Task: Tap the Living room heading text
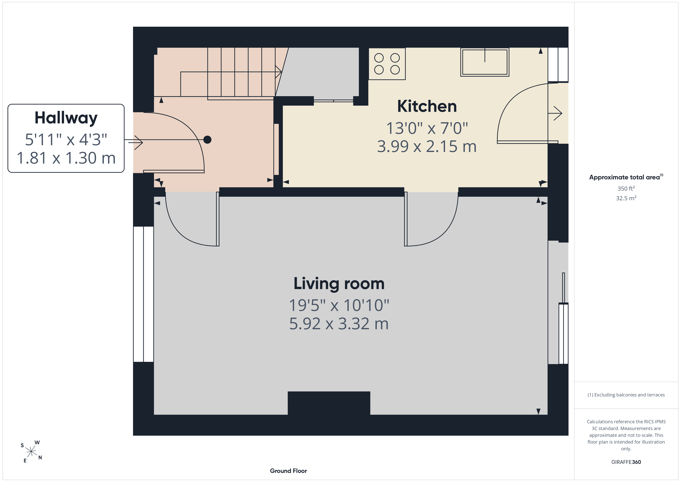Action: click(x=339, y=284)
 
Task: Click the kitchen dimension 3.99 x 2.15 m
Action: click(x=427, y=147)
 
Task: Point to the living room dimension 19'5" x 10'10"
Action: click(x=339, y=305)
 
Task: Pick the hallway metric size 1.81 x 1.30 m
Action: click(x=66, y=158)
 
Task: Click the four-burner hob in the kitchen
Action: click(x=387, y=64)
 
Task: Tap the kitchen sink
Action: click(x=485, y=62)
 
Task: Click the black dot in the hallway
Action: click(x=207, y=139)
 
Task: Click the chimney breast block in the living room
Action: click(x=329, y=403)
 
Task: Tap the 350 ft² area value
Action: click(x=626, y=188)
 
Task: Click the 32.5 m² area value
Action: click(x=626, y=198)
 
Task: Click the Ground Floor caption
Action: click(x=288, y=471)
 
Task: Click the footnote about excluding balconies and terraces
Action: click(x=626, y=395)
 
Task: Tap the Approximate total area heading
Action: click(x=626, y=177)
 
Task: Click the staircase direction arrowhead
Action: click(x=279, y=72)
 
